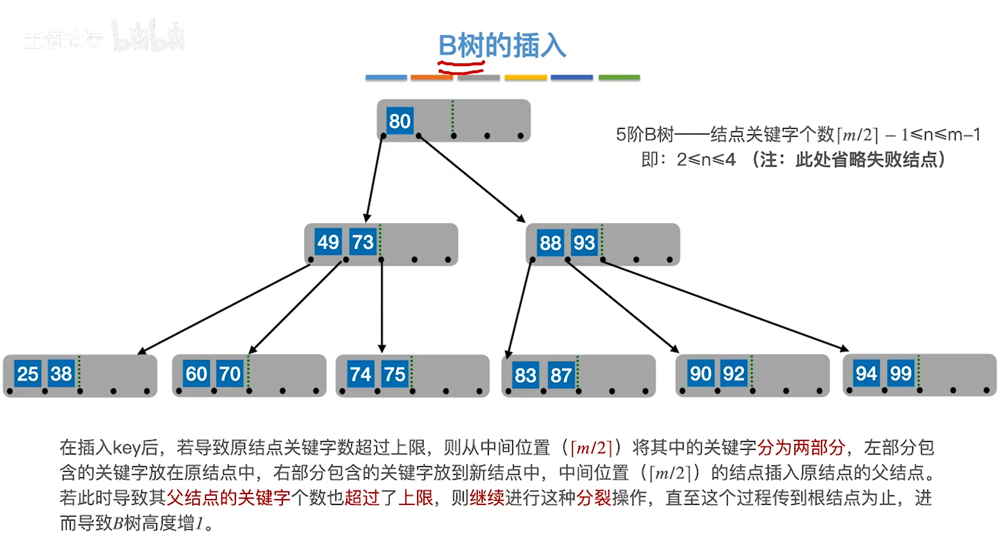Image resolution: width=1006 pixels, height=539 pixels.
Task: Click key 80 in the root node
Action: (400, 121)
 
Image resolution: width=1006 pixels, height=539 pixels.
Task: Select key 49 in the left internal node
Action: (328, 242)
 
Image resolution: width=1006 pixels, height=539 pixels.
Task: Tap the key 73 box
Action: (363, 242)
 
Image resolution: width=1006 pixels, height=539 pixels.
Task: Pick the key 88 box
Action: (550, 243)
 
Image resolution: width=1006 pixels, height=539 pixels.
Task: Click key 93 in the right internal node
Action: (584, 243)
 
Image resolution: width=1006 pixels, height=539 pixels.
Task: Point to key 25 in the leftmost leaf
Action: (27, 374)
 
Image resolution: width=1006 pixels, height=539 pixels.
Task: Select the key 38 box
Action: (61, 374)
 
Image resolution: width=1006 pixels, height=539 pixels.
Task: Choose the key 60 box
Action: (196, 374)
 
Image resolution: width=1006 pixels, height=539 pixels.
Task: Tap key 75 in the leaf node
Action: (395, 374)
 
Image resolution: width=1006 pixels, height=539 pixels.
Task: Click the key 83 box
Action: (525, 375)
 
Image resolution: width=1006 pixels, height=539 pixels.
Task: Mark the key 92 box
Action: (734, 374)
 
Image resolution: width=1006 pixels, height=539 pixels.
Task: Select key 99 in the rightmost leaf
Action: (900, 373)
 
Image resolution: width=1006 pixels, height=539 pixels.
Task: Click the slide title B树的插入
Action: (502, 46)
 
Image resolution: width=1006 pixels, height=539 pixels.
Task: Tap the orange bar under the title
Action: (431, 78)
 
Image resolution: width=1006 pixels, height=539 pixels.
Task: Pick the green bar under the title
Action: (619, 78)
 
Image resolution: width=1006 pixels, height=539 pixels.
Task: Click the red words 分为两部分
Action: (801, 447)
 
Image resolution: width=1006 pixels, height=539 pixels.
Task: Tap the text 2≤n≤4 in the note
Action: (706, 159)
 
